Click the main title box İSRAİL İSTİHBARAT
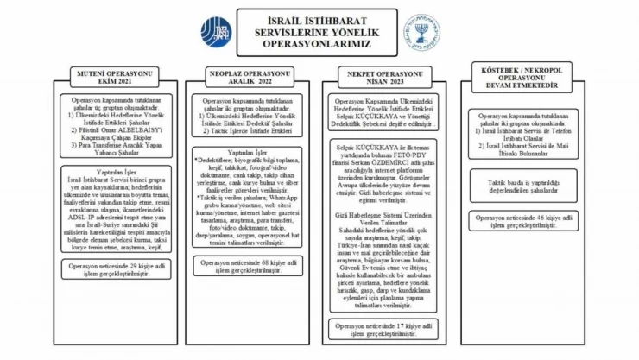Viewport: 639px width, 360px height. [317, 31]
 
